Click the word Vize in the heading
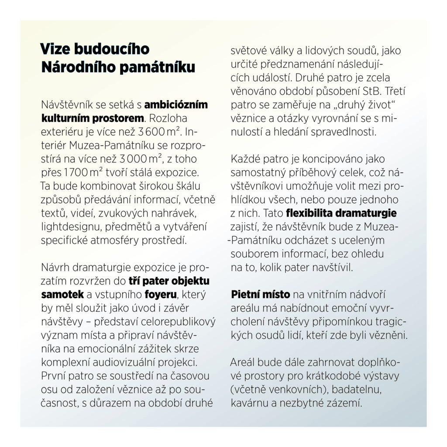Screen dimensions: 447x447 tap(55, 49)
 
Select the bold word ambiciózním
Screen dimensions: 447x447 tap(176, 106)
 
